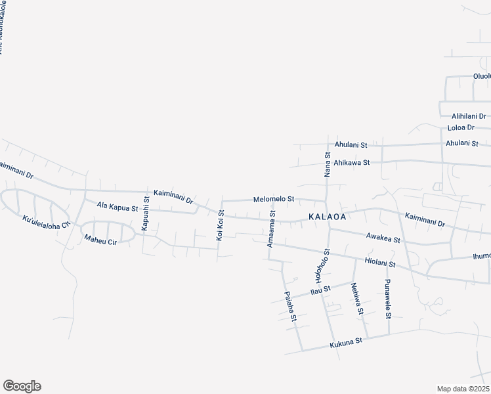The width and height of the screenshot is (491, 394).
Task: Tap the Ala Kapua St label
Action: tap(117, 208)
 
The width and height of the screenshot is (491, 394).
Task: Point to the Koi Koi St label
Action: tap(221, 225)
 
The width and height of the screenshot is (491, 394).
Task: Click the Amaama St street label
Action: tap(271, 229)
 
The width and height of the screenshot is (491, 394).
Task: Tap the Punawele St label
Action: tap(388, 298)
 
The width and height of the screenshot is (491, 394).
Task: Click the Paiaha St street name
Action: tap(289, 308)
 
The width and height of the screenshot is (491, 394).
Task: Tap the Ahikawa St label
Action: tap(352, 162)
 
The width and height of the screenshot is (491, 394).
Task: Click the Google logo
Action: tap(22, 386)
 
